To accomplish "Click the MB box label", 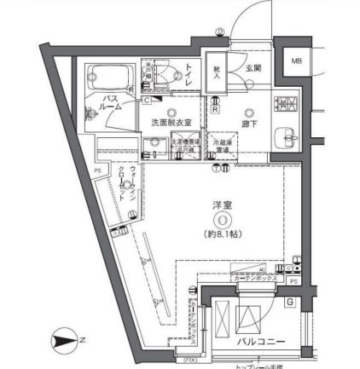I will click(297, 61).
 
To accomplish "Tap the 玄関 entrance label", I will click(253, 68).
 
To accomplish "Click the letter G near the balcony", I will click(290, 302).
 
